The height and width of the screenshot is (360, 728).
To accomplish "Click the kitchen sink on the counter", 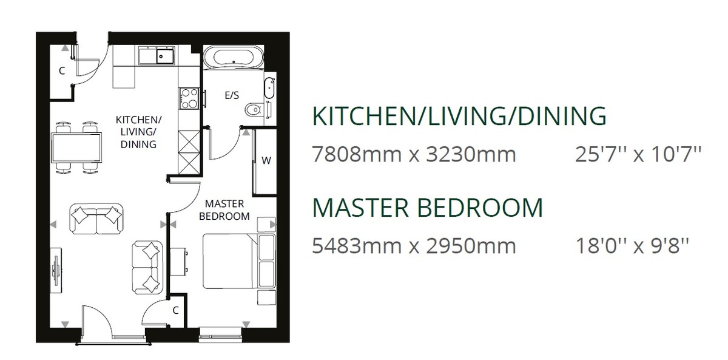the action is [157, 55].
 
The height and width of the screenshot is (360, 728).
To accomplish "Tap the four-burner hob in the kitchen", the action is [189, 98].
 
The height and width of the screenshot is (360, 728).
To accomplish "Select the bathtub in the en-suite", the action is [234, 57].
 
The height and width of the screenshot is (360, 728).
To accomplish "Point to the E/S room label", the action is [232, 95].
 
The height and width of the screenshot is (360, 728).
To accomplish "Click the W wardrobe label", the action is [266, 160].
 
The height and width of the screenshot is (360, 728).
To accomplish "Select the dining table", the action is [76, 148].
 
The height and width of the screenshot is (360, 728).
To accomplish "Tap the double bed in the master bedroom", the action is [239, 261].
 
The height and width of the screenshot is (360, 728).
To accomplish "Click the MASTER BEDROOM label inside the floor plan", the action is [224, 210].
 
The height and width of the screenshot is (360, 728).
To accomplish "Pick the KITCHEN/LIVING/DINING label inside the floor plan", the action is [138, 132].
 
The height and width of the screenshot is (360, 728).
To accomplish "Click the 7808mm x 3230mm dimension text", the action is [414, 154].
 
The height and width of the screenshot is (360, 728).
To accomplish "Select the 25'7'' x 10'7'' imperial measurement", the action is [638, 154].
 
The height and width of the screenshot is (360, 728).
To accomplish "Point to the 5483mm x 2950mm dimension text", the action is [414, 246].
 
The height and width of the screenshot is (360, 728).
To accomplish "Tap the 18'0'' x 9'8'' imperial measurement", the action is [632, 246].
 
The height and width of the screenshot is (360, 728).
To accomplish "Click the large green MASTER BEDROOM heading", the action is [427, 208].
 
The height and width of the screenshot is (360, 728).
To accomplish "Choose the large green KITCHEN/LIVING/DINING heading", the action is [459, 116].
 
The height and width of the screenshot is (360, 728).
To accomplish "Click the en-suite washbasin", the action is [269, 88].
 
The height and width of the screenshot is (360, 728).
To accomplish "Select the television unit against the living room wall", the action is [56, 271].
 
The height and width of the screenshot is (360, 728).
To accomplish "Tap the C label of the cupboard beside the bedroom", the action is [175, 311].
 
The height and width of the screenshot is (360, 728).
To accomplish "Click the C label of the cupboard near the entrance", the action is [62, 70].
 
